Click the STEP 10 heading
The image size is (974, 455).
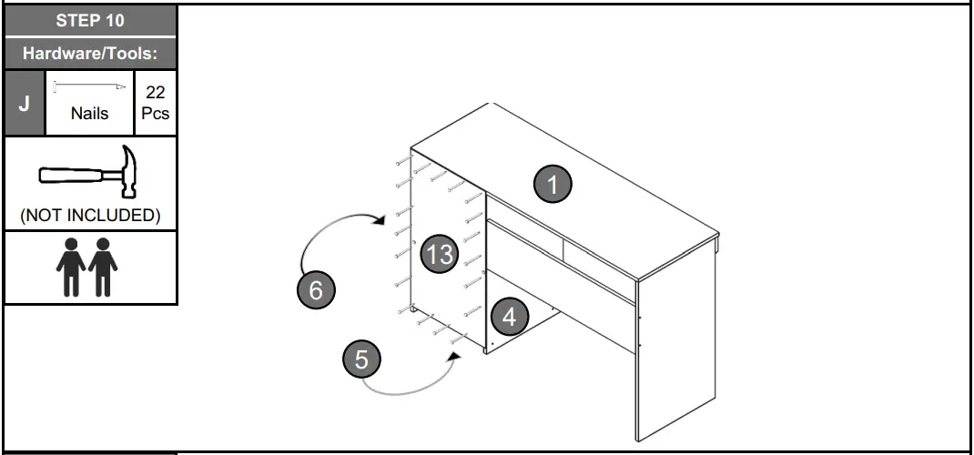point(89,21)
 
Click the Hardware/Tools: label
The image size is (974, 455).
point(90,54)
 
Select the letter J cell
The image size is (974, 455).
point(25,102)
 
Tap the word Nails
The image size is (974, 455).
point(89,114)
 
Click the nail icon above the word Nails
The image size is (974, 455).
point(89,86)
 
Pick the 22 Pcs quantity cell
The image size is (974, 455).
point(155,102)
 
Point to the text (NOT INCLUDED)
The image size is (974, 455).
point(89,216)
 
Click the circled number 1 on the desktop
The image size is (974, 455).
point(552,184)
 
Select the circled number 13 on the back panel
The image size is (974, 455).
point(439,254)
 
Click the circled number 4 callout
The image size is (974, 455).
point(509,317)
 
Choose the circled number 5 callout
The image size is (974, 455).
point(361,359)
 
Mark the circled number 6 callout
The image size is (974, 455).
point(316,290)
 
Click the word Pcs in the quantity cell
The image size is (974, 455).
point(155,115)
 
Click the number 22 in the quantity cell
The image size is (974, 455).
point(155,92)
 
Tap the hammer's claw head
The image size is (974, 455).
point(129,169)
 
